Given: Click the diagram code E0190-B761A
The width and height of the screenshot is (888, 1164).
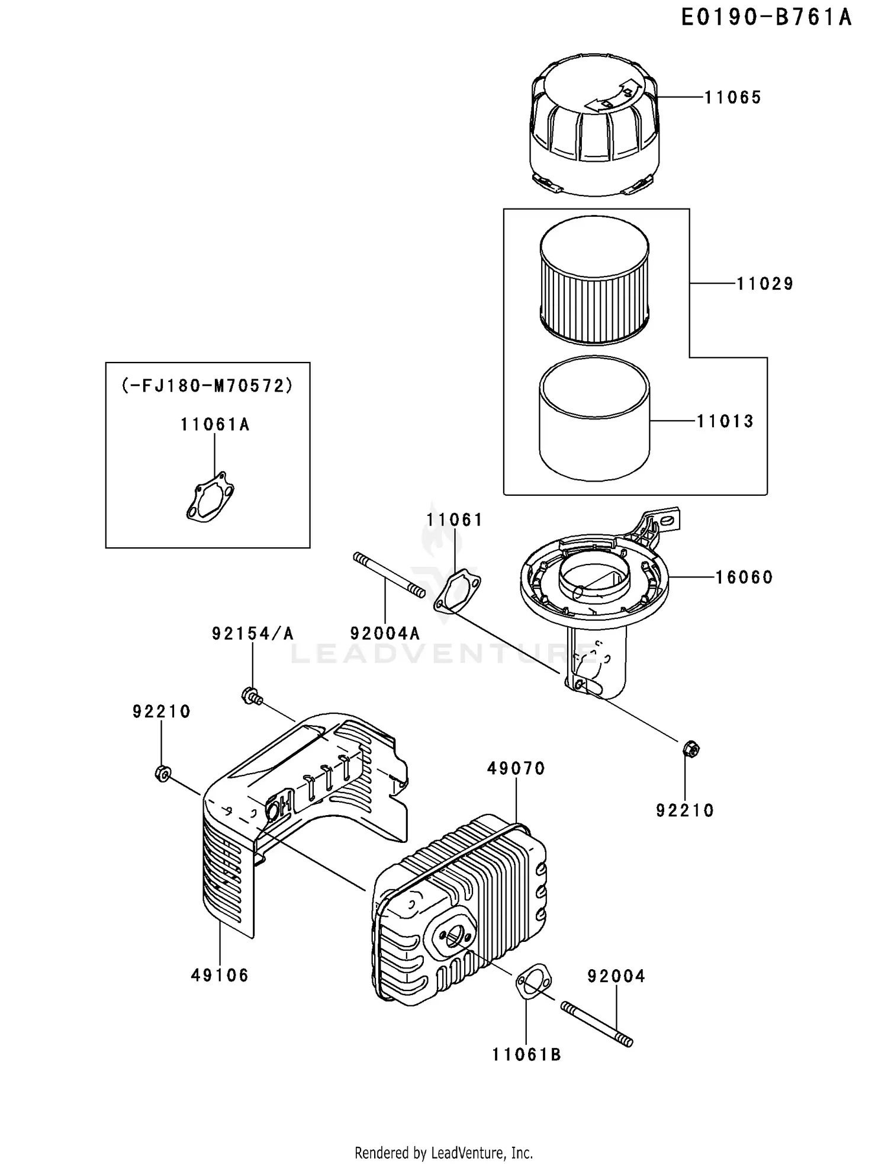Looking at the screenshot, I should [x=766, y=18].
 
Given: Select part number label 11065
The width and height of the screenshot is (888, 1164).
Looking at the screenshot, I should [x=732, y=97].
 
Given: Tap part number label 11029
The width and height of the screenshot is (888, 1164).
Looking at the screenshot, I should [x=764, y=284].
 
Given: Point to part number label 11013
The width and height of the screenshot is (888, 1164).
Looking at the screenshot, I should [x=725, y=421].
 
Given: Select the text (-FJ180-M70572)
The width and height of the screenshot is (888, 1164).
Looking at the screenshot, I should [x=207, y=386].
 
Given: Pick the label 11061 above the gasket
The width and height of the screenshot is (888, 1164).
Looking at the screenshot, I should [x=454, y=520].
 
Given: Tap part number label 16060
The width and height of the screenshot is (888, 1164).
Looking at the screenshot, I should [x=744, y=577].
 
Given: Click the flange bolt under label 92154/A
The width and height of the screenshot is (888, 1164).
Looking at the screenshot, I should [x=252, y=695].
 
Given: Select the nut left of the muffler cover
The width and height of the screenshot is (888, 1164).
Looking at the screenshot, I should [x=162, y=773].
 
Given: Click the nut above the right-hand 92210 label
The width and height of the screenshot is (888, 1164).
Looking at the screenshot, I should [x=690, y=749].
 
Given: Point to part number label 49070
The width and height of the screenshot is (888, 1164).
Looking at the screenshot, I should [x=516, y=768].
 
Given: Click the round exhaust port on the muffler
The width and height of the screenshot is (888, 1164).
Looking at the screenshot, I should [x=453, y=937].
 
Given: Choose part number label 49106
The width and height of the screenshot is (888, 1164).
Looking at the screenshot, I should [x=220, y=975].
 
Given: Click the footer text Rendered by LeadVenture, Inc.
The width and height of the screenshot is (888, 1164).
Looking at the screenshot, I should [x=443, y=1153].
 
